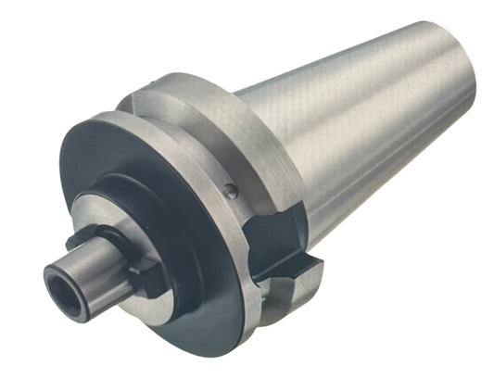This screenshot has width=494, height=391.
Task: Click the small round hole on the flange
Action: [230, 193]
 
